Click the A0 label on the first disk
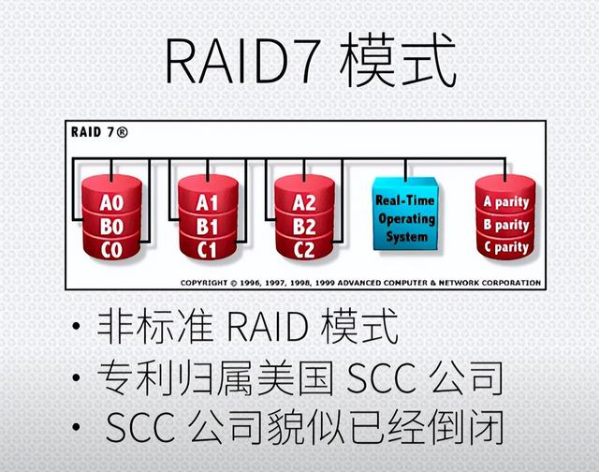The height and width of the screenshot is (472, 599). (x=111, y=202)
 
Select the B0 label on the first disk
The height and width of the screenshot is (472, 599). (x=111, y=226)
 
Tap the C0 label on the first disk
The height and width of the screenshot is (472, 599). (x=111, y=249)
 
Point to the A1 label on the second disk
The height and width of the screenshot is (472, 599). (x=208, y=202)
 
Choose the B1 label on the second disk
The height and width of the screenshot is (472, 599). (x=208, y=226)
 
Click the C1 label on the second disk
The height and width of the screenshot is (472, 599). (x=208, y=249)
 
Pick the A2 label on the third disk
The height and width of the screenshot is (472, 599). (x=303, y=202)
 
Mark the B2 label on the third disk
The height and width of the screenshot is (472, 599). (x=303, y=226)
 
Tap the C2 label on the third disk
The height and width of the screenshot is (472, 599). (x=303, y=249)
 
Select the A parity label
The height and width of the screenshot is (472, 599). (x=505, y=202)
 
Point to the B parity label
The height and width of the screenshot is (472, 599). (x=505, y=226)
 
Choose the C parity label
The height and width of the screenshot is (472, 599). (x=505, y=248)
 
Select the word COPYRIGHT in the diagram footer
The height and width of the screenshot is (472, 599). (x=205, y=282)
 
